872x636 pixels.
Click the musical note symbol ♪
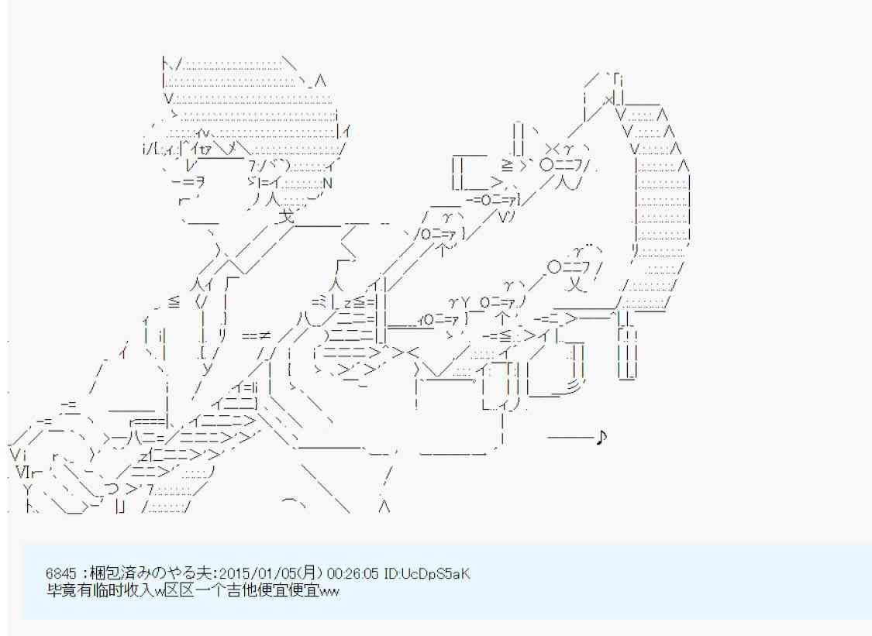(x=601, y=438)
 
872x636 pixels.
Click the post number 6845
(x=60, y=574)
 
